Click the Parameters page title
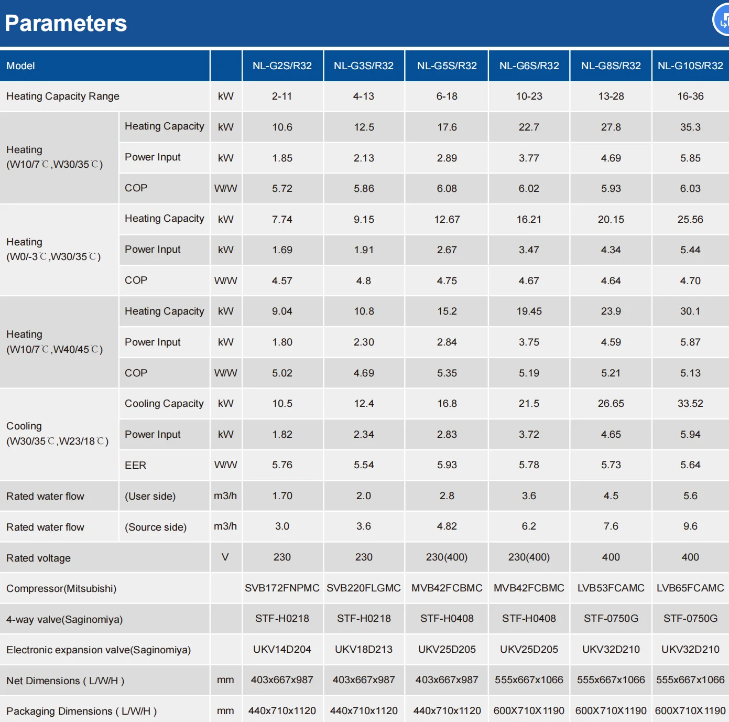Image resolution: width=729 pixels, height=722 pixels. click(66, 23)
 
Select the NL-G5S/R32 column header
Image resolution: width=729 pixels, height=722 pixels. click(447, 66)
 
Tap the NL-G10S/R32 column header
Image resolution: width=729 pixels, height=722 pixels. click(690, 66)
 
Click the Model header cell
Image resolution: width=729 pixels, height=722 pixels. click(20, 66)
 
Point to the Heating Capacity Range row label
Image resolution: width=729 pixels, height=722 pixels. click(63, 96)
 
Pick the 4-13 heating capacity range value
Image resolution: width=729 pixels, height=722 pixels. click(364, 96)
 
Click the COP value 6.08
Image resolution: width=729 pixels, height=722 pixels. click(447, 188)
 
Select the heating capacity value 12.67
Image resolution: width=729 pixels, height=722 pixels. click(447, 219)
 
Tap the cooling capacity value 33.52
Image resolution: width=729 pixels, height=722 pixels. click(690, 403)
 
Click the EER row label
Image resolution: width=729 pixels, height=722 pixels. click(135, 465)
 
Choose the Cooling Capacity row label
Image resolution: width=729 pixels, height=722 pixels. click(164, 403)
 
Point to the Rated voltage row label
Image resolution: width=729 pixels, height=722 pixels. click(38, 558)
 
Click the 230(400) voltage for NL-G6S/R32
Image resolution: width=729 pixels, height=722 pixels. click(529, 557)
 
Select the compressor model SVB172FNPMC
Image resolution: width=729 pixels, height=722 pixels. click(282, 588)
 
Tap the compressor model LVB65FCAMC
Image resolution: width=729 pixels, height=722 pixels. click(690, 588)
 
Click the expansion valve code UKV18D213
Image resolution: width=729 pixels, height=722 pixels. click(364, 649)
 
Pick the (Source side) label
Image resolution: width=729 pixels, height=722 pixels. click(156, 527)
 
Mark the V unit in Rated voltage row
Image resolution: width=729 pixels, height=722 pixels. click(225, 557)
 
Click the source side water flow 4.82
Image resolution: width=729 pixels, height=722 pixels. click(447, 526)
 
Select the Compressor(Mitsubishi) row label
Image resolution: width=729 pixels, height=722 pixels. click(61, 588)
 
